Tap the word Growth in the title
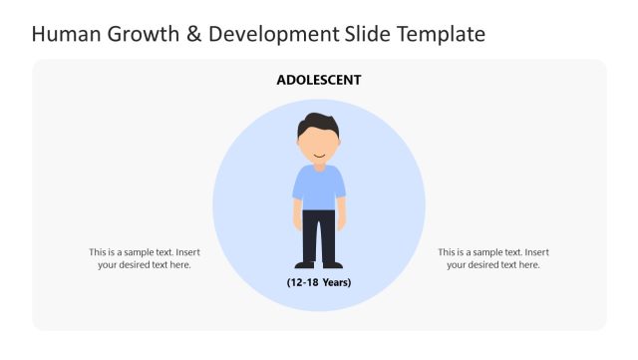click(140, 35)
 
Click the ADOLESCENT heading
click(319, 80)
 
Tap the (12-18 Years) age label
click(319, 282)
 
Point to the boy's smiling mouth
click(319, 155)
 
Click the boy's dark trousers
click(319, 234)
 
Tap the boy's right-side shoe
click(334, 264)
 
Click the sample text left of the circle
click(145, 258)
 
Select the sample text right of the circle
click(493, 258)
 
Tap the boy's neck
click(319, 164)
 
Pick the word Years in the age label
click(334, 282)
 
